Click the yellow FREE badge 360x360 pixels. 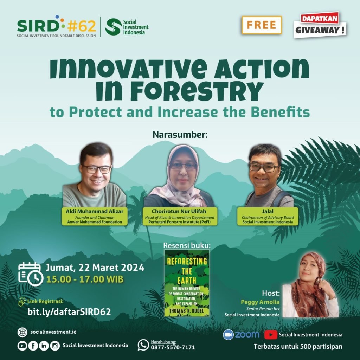(262, 25)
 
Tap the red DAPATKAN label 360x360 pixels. (320, 18)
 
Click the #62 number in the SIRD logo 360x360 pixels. (82, 26)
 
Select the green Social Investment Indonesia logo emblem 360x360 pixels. (113, 27)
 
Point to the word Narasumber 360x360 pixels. (180, 135)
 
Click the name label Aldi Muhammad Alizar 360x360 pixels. (95, 211)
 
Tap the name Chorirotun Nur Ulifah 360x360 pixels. (179, 211)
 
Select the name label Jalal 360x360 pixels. (268, 211)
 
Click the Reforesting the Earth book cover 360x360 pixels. (187, 283)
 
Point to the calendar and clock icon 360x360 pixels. (31, 274)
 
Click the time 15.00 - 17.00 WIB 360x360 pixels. (85, 279)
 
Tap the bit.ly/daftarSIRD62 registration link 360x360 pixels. (69, 311)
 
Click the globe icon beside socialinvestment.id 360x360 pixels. (22, 332)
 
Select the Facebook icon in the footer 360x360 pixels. (33, 346)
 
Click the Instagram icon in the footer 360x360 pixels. (55, 346)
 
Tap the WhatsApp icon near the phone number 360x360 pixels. (143, 345)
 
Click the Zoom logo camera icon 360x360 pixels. (228, 335)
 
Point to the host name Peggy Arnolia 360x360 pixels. (260, 302)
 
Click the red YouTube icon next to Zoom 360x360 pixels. (271, 335)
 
